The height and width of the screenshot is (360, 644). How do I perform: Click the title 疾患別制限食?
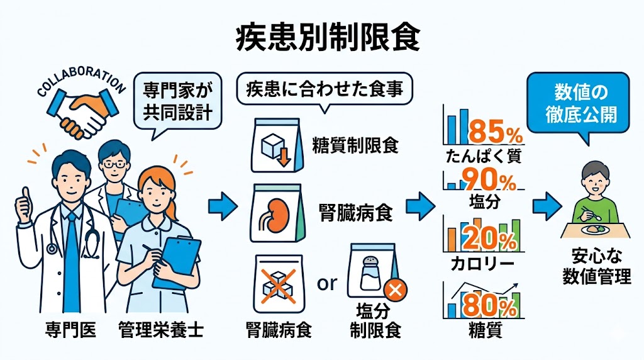[328, 39]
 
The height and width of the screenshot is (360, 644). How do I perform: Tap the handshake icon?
[84, 113]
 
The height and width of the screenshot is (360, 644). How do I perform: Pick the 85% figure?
[496, 132]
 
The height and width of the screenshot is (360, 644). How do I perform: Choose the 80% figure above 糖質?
[489, 306]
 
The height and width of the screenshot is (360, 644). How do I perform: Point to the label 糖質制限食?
[355, 145]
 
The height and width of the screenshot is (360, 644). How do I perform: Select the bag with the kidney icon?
[278, 213]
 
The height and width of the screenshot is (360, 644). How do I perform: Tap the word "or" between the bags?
[327, 283]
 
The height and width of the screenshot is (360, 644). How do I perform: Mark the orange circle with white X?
[395, 290]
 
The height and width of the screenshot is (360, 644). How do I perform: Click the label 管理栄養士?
[160, 330]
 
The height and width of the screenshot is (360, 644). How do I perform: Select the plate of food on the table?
[594, 228]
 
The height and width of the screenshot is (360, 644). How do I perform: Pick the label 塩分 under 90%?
[485, 201]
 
